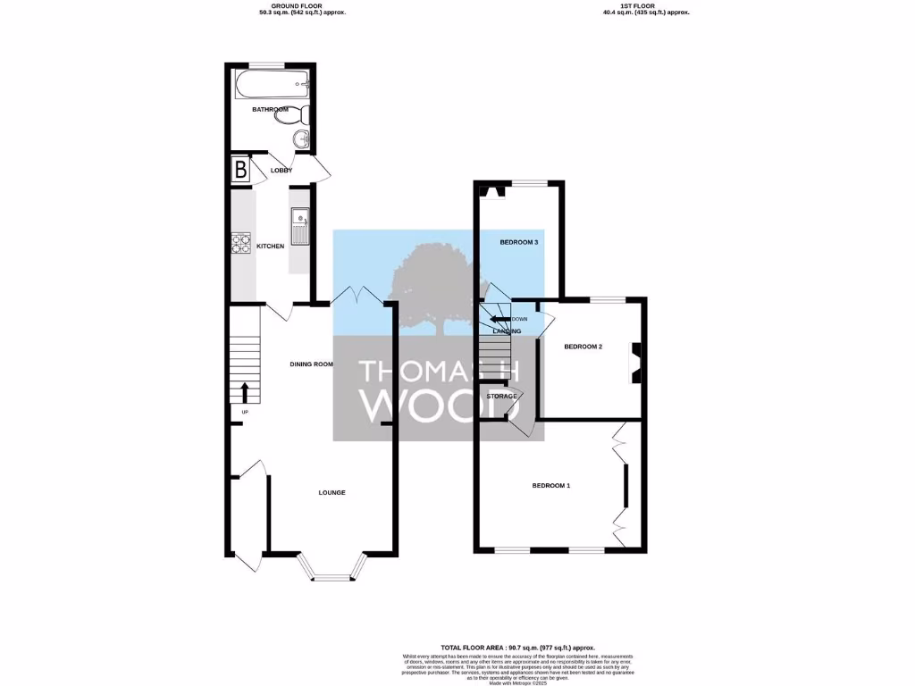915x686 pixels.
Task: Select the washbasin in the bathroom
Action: [302, 139]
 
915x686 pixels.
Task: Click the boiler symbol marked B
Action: [240, 170]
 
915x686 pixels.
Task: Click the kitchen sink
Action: [298, 217]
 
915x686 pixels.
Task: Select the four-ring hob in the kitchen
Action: [241, 243]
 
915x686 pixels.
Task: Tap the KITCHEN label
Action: [271, 246]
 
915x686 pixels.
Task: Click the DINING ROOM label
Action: [311, 364]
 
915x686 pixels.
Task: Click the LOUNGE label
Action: [332, 493]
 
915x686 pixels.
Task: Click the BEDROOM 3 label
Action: [518, 242]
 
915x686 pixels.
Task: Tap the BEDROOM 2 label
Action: [583, 347]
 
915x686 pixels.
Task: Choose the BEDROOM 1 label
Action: [550, 485]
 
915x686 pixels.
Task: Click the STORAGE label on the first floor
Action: [501, 396]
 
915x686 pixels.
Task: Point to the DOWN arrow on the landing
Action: [497, 319]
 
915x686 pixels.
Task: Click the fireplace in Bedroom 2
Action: [636, 364]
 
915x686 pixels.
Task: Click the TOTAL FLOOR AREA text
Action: [517, 647]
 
